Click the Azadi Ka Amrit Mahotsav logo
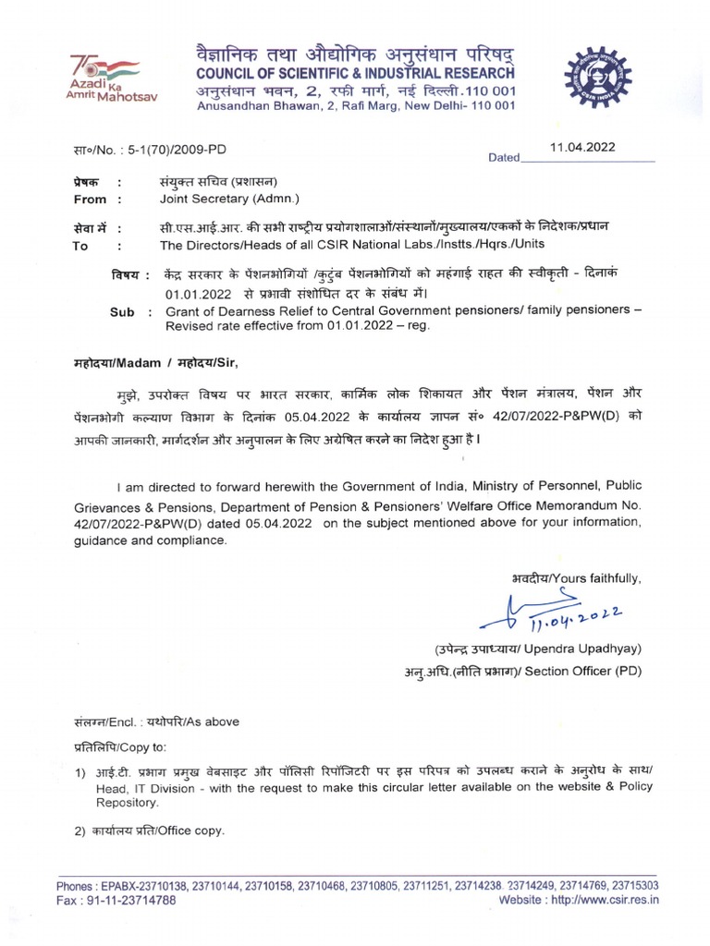coord(104,78)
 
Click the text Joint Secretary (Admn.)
coord(229,199)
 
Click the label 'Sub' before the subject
coord(122,312)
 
